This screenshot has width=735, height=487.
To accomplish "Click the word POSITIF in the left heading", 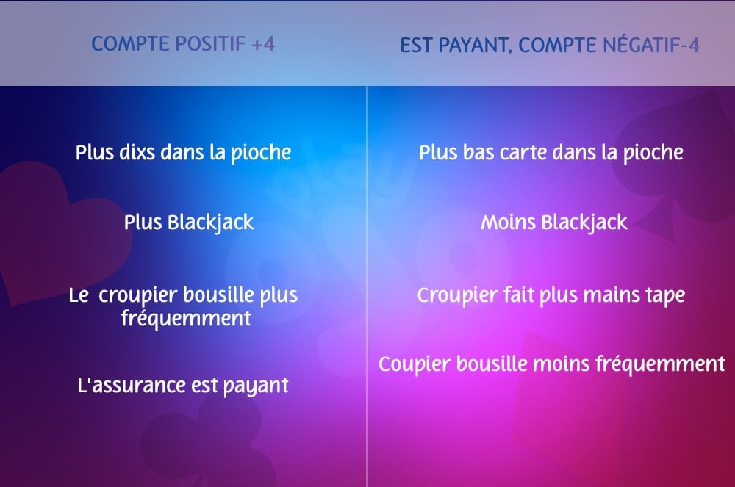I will (x=208, y=44).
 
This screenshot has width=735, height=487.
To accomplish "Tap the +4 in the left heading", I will (x=262, y=44).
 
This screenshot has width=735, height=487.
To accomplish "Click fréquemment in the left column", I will (x=185, y=320).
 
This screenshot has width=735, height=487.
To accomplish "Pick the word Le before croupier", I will (x=79, y=295).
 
